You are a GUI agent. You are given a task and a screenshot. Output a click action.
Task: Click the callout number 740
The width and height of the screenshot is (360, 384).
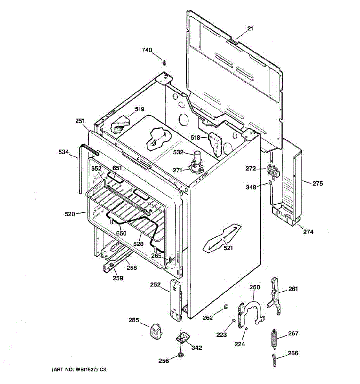147,50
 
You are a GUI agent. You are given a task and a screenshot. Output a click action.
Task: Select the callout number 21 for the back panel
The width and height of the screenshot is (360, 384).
250,28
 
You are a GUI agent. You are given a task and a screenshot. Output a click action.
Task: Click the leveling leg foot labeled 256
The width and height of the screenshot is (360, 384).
180,355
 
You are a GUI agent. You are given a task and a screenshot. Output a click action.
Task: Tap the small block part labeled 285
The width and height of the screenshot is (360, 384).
156,330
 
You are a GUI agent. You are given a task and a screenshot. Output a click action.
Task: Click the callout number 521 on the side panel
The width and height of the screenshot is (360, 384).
228,248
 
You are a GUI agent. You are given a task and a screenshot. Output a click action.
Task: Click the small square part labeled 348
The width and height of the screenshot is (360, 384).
270,183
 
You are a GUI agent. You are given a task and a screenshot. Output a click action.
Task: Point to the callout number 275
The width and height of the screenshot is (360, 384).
317,184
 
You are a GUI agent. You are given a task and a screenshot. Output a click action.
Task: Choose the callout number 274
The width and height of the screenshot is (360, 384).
308,232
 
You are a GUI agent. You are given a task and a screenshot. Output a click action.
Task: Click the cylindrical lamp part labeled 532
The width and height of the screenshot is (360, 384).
196,157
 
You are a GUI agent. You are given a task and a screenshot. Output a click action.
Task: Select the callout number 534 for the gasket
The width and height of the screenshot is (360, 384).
64,152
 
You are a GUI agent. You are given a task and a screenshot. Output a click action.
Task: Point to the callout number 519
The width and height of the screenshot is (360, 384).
139,109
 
